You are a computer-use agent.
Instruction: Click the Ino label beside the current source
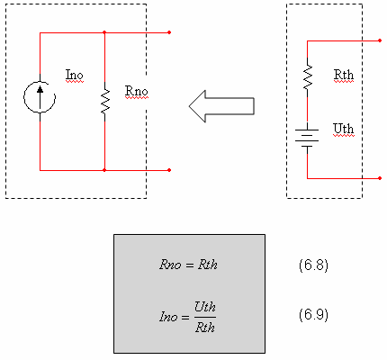74,75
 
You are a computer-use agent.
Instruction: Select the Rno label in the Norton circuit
136,91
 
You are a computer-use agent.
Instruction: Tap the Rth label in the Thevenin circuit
344,75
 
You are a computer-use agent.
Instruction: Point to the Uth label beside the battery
344,129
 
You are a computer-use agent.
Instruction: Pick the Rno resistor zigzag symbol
104,102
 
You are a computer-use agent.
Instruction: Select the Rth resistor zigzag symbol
308,77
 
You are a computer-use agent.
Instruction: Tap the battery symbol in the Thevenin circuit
307,138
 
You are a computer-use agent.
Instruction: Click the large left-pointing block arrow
221,106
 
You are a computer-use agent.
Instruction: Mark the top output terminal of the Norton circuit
169,32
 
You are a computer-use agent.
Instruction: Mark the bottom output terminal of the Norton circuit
169,170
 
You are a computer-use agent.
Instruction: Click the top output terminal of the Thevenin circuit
380,40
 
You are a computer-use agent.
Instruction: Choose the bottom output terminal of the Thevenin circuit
380,178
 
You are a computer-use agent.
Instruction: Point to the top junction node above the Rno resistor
104,32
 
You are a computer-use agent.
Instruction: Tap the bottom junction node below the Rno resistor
104,170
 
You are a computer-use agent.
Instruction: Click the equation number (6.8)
313,265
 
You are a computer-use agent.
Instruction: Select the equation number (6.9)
313,315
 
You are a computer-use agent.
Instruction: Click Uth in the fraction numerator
205,307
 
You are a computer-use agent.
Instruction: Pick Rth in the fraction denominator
205,328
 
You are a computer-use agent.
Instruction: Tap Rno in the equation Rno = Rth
170,265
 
